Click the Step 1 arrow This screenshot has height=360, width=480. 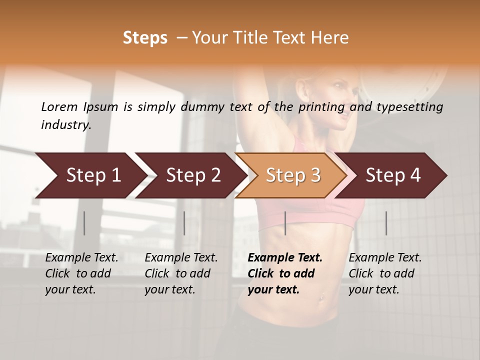click(x=90, y=175)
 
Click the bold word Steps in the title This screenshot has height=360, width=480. click(x=145, y=38)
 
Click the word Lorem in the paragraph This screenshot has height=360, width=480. click(x=59, y=106)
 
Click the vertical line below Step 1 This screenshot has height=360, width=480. click(x=84, y=223)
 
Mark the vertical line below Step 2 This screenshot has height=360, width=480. click(x=184, y=223)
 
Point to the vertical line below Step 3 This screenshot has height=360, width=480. click(x=285, y=223)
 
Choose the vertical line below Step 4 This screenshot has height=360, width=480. click(x=386, y=223)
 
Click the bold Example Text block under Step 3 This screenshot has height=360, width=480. click(x=285, y=273)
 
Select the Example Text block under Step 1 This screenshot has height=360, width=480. click(x=81, y=273)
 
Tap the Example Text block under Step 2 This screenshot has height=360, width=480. click(x=181, y=273)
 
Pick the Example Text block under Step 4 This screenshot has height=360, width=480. click(x=385, y=273)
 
